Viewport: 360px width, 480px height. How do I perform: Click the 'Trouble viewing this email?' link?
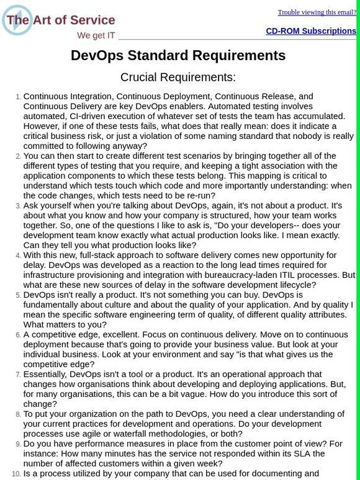(x=317, y=12)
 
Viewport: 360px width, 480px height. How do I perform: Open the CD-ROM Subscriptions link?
(x=311, y=31)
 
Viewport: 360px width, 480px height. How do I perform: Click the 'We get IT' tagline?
(x=96, y=35)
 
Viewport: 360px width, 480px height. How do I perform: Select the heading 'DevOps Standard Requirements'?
(x=178, y=56)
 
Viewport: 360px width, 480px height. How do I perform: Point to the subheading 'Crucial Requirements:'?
(x=178, y=78)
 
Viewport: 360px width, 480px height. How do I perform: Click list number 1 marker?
(x=18, y=97)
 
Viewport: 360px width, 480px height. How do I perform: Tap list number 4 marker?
(x=18, y=256)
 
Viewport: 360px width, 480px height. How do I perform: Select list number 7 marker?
(x=18, y=375)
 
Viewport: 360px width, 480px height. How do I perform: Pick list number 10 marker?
(x=16, y=474)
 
